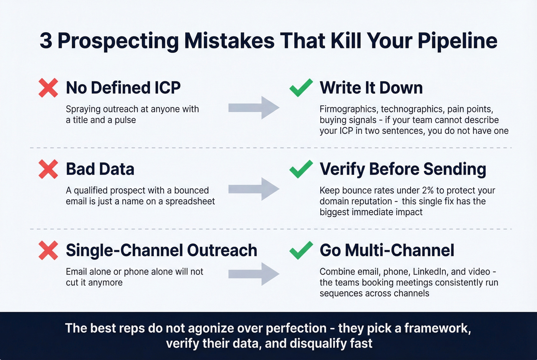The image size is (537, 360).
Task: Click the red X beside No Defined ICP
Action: [x=48, y=88]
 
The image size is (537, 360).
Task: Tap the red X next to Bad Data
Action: [x=48, y=169]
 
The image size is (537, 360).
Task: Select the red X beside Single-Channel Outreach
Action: [x=48, y=250]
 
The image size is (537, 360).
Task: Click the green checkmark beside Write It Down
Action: [x=301, y=88]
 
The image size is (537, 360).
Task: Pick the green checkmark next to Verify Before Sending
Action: [x=301, y=169]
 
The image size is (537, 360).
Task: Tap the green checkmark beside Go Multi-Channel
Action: [x=301, y=250]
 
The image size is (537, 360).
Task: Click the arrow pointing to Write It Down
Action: [x=254, y=108]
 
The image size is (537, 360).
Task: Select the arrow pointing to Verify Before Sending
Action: [x=254, y=189]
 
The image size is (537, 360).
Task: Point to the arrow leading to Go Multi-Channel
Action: [x=254, y=274]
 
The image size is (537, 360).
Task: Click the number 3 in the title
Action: [x=46, y=41]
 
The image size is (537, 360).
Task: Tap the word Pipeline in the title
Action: [x=457, y=41]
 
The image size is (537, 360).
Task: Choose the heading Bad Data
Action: [x=100, y=169]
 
